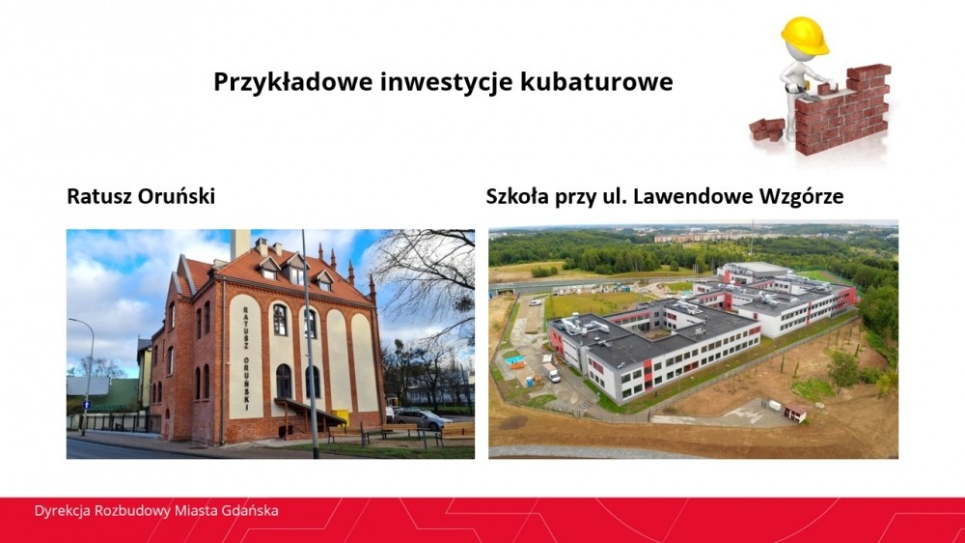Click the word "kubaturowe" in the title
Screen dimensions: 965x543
click(x=596, y=81)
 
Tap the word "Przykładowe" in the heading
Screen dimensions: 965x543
click(x=293, y=82)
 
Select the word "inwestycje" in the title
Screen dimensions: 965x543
click(x=447, y=82)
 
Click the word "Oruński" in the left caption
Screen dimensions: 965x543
click(x=176, y=196)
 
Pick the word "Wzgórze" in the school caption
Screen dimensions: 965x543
click(x=801, y=197)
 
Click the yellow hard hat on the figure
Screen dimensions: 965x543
click(x=804, y=36)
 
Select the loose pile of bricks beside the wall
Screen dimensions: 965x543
click(x=767, y=129)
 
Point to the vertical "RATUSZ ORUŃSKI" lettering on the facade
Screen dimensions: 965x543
click(x=245, y=357)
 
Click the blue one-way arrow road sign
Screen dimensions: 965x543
click(x=87, y=405)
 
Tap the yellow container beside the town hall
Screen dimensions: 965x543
click(x=340, y=416)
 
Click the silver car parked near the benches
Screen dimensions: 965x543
click(x=422, y=418)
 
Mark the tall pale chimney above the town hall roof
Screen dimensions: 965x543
click(x=240, y=243)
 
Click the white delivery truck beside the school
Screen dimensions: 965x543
click(x=551, y=372)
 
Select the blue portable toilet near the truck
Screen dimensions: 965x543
click(x=529, y=382)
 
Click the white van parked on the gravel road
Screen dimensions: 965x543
click(x=537, y=302)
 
